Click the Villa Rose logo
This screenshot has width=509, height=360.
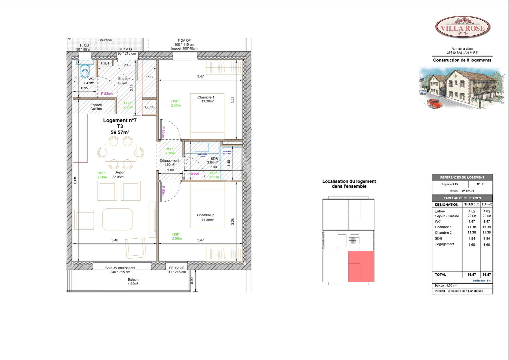click(x=463, y=27)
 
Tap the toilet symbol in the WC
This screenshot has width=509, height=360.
click(x=85, y=72)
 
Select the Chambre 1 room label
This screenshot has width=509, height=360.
click(x=206, y=97)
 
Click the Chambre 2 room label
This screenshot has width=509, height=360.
click(x=206, y=215)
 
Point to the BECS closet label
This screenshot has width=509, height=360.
click(x=150, y=107)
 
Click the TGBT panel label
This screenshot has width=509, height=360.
click(x=105, y=63)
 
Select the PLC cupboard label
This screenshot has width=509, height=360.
click(x=150, y=77)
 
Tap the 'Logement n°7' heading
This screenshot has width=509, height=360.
click(x=120, y=120)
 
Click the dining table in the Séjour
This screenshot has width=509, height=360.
click(x=120, y=153)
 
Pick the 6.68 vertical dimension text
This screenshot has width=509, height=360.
click(x=75, y=180)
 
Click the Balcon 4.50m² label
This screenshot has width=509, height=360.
click(x=133, y=282)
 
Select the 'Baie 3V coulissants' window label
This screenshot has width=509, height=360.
click(x=120, y=268)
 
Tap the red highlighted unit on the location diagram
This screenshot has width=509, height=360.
click(x=361, y=267)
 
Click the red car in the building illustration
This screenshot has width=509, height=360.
click(x=434, y=103)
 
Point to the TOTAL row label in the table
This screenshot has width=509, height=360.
click(x=440, y=275)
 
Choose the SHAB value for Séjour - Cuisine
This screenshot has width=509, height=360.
click(x=472, y=216)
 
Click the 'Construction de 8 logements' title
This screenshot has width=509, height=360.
click(x=462, y=60)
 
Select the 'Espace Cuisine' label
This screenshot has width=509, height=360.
click(x=96, y=107)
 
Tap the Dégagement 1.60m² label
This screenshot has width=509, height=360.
click(x=169, y=162)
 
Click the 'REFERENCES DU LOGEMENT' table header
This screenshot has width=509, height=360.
click(x=462, y=177)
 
